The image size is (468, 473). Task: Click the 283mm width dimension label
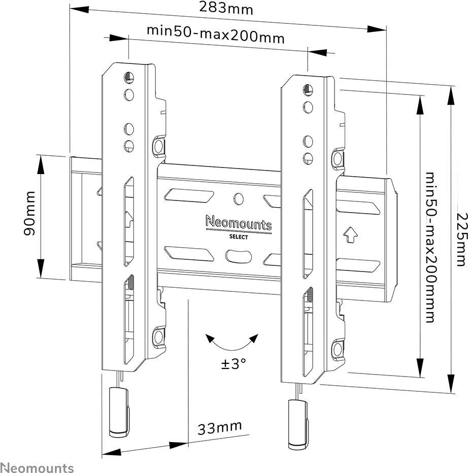(x=226, y=9)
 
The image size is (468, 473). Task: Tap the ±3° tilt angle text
(x=233, y=363)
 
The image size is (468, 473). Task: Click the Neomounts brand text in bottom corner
(x=37, y=467)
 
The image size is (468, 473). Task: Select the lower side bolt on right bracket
(x=337, y=348)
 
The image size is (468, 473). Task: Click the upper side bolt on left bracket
(x=159, y=147)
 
